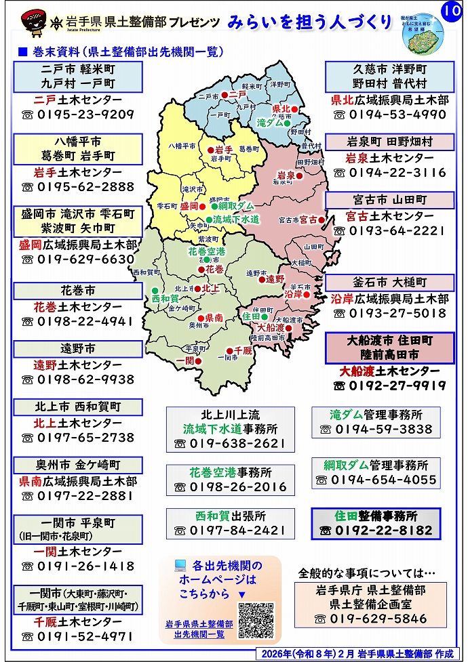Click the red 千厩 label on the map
point(243,350)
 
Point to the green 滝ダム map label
point(270,123)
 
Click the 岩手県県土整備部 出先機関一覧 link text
point(199,629)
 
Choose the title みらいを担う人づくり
point(310,22)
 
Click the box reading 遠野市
point(78,349)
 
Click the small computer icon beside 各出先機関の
point(180,564)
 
